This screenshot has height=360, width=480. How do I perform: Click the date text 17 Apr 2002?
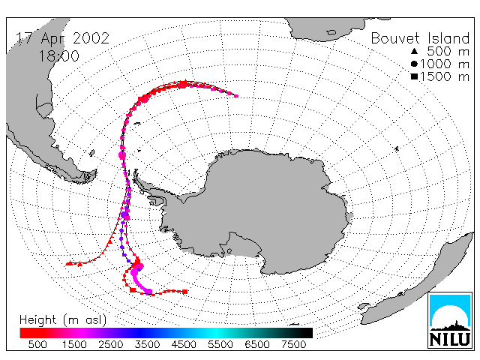tap(62, 38)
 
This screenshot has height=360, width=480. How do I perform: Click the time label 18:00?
tap(58, 56)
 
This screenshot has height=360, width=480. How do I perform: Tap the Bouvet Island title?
tap(420, 38)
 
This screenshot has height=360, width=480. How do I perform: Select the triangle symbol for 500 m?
tap(414, 51)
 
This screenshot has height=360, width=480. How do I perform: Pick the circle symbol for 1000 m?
tap(414, 64)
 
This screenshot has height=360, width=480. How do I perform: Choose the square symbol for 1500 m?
tap(414, 76)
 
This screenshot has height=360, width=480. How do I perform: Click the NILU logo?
tap(450, 320)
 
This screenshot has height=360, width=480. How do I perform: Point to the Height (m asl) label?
tap(63, 320)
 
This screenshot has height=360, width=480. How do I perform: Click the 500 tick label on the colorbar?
tap(37, 344)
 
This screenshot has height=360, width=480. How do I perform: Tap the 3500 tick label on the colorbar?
tap(147, 344)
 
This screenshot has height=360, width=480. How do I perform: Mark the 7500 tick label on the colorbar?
tap(293, 344)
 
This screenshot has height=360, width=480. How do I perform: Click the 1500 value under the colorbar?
tap(74, 344)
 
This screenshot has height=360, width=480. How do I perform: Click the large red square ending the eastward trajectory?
tap(185, 292)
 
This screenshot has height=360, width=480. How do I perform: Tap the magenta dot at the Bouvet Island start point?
tap(236, 96)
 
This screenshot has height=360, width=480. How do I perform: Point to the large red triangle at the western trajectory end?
tap(70, 263)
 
